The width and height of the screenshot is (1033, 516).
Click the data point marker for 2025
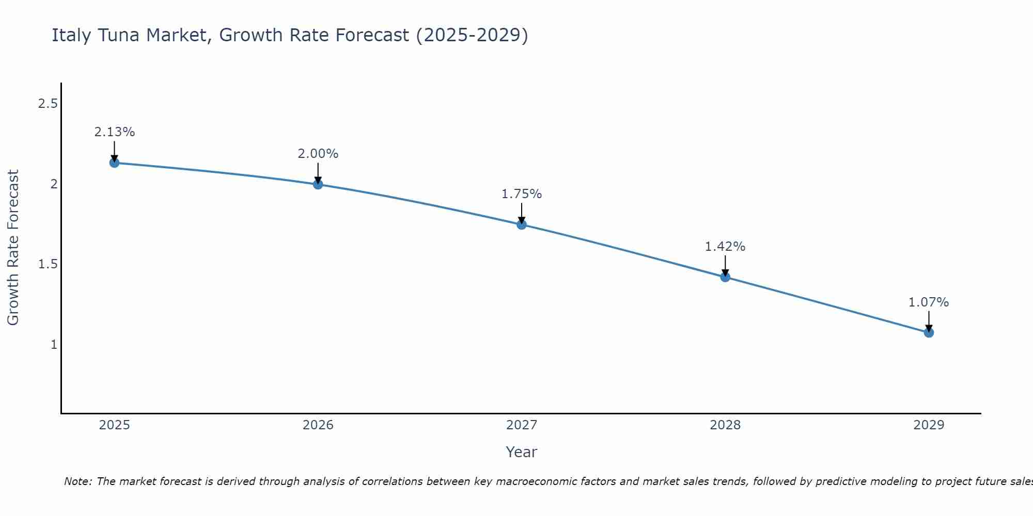point(114,163)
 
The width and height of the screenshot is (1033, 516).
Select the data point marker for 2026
point(318,184)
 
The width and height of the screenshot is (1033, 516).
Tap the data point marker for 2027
point(521,224)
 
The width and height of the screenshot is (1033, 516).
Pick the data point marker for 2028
point(725,277)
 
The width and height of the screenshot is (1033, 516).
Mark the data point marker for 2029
point(929,333)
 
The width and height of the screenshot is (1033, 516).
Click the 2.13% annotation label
point(114,132)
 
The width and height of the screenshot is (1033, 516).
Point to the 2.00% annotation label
point(318,154)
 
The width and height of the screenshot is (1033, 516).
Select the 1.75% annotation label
point(521,194)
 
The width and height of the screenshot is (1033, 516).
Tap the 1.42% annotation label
point(725,247)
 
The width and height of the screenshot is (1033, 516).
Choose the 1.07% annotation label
point(929,302)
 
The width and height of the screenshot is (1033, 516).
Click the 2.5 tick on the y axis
point(48,104)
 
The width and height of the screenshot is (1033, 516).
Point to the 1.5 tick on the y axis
point(48,265)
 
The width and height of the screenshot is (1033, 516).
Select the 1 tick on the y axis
point(54,345)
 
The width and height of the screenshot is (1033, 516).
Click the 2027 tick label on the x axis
point(521,425)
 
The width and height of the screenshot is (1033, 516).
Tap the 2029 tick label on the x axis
point(929,425)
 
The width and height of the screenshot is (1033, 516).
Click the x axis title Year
point(521,452)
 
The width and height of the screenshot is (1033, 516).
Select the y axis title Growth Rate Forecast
point(13,248)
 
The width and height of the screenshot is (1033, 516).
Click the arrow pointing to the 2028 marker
point(725,265)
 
